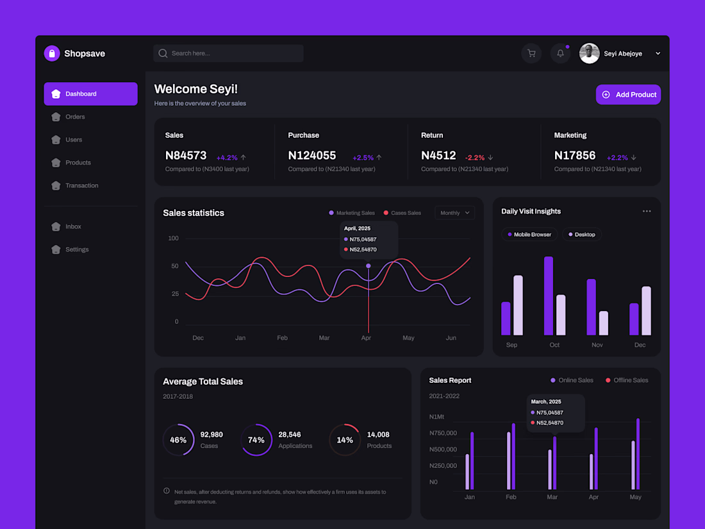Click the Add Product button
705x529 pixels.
(x=628, y=94)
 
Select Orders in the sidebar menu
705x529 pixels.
(x=75, y=117)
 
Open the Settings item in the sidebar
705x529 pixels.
(x=76, y=249)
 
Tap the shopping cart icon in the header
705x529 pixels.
(x=531, y=53)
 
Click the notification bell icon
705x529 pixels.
(x=560, y=53)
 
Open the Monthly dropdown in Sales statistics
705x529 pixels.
(x=454, y=213)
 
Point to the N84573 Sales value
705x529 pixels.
(x=186, y=155)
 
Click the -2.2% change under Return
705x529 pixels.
(x=475, y=157)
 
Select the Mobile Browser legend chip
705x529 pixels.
(x=529, y=235)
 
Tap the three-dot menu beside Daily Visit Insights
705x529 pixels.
(x=647, y=211)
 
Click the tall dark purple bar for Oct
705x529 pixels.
(x=549, y=296)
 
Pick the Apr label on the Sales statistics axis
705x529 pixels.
(x=366, y=338)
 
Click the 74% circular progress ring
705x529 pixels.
(x=256, y=440)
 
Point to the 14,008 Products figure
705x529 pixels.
(x=378, y=435)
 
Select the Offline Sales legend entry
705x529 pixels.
(x=627, y=380)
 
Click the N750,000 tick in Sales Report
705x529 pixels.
(x=443, y=433)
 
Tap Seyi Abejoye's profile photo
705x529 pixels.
(x=590, y=53)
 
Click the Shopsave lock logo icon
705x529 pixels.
(x=52, y=53)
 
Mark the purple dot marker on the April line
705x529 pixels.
(x=368, y=265)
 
